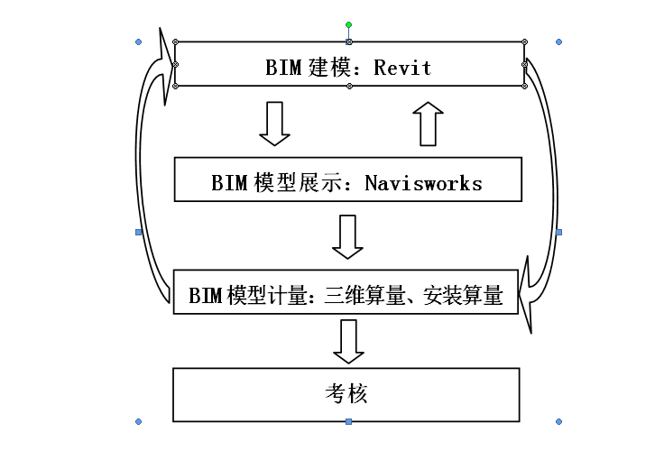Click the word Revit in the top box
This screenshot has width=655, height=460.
click(x=403, y=68)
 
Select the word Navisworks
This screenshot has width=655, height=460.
click(x=423, y=183)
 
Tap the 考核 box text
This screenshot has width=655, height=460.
click(x=346, y=394)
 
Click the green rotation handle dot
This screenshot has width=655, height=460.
click(x=349, y=25)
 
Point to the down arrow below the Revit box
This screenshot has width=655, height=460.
click(x=274, y=124)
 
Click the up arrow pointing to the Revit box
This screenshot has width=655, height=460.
click(x=429, y=123)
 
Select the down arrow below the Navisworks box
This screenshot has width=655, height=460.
click(x=347, y=236)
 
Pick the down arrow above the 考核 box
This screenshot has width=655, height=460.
click(x=347, y=342)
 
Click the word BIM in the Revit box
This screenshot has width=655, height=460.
click(x=281, y=68)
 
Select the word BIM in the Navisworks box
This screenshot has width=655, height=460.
click(x=229, y=183)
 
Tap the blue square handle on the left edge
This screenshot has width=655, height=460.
click(x=138, y=233)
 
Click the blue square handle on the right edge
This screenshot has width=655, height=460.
click(x=559, y=233)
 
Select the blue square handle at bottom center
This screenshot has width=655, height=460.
click(x=349, y=421)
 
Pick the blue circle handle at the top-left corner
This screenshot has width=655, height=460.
click(x=138, y=41)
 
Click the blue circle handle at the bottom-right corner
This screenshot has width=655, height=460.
click(x=559, y=421)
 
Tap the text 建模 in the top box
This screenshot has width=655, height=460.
click(x=333, y=68)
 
